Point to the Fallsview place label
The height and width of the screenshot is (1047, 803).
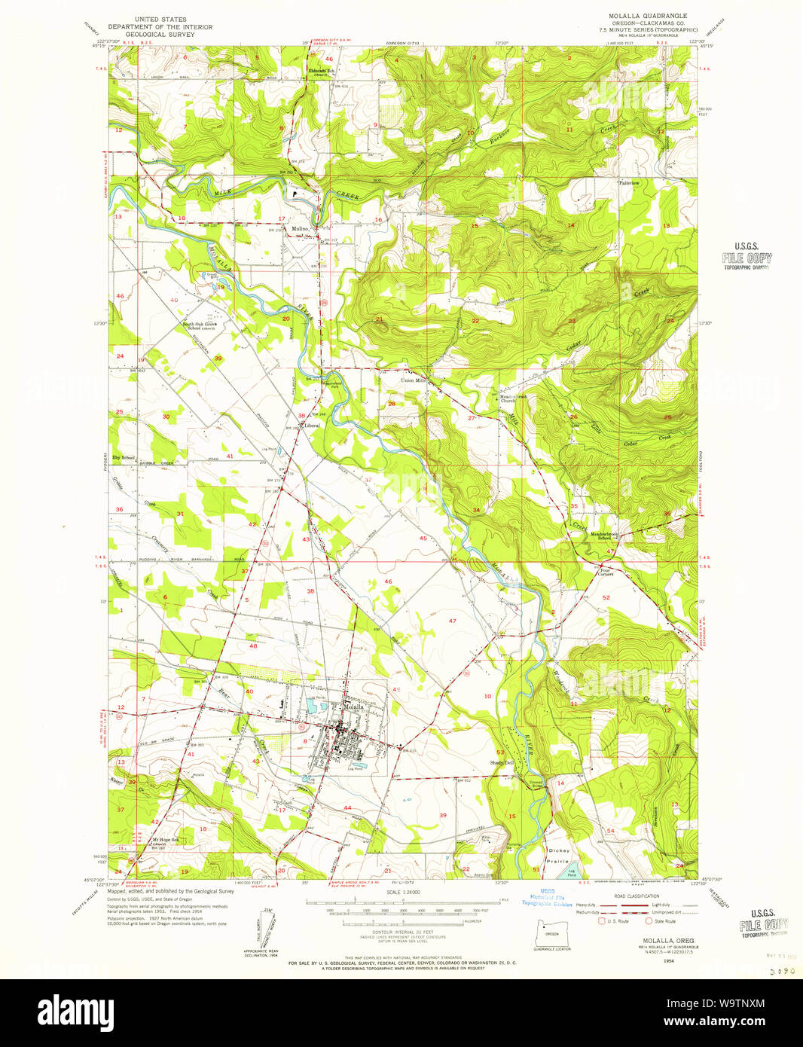pyautogui.click(x=629, y=183)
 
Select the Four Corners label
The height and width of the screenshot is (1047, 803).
pyautogui.click(x=606, y=572)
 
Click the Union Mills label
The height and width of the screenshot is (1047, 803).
pyautogui.click(x=413, y=380)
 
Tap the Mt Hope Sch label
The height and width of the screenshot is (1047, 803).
pyautogui.click(x=166, y=840)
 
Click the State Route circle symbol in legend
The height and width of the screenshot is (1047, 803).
pyautogui.click(x=648, y=920)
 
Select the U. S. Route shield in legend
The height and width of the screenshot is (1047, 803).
pyautogui.click(x=600, y=920)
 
